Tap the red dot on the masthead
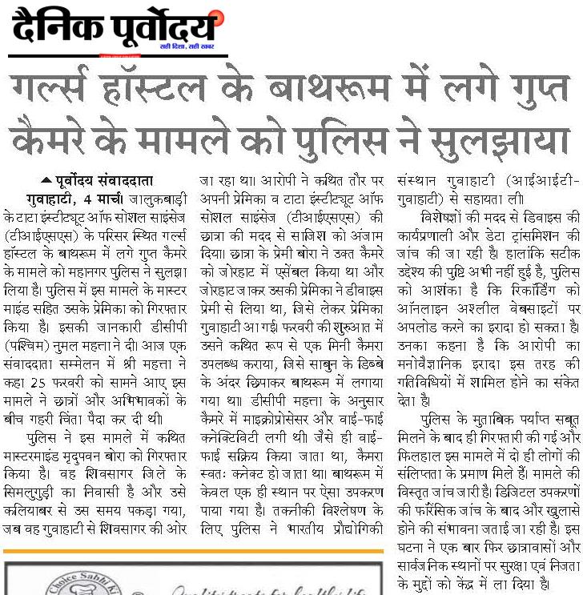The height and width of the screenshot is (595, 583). click(x=213, y=17)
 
